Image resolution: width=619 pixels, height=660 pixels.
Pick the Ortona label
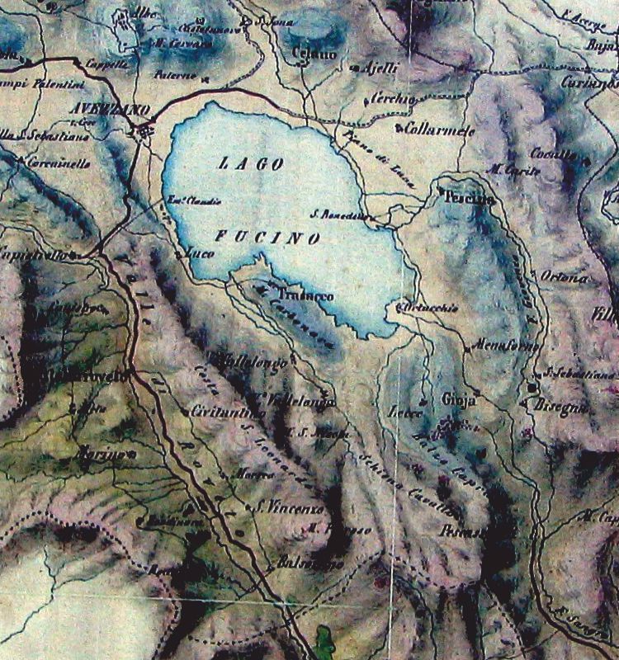565,278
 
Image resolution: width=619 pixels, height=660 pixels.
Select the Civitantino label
220,411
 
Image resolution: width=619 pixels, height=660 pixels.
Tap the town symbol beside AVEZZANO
145,130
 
